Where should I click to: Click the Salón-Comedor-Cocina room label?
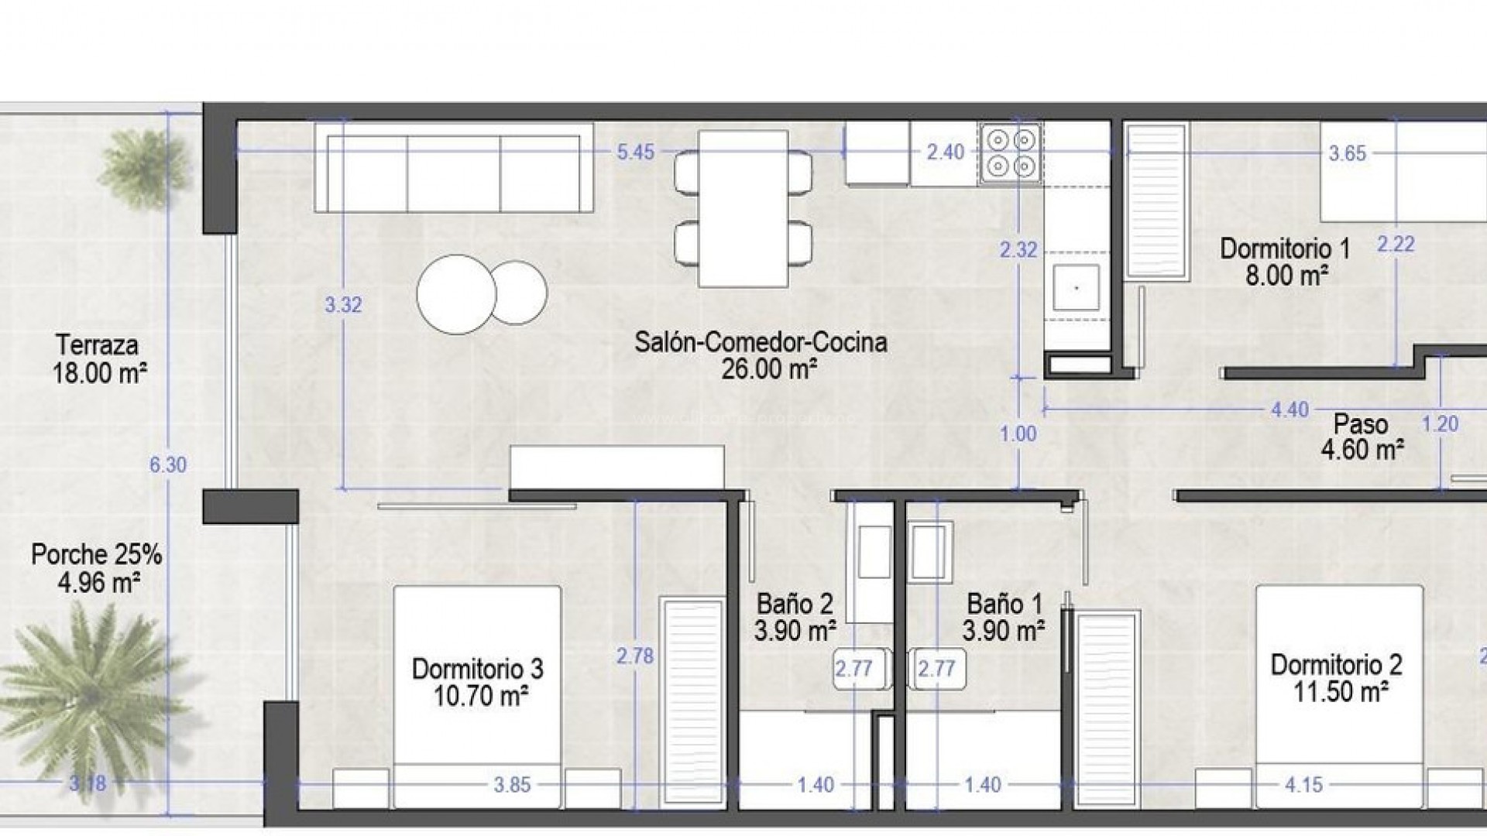[761, 342]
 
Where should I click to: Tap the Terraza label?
[97, 344]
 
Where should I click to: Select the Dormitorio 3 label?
[477, 669]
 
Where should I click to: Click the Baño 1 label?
[1004, 605]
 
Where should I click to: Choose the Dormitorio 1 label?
[1285, 248]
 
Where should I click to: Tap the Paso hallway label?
[1361, 424]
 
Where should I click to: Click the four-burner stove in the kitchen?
[1011, 152]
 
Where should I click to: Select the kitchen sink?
[1077, 287]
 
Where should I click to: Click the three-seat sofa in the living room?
[454, 166]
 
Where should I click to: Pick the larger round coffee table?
[456, 294]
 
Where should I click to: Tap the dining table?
[743, 208]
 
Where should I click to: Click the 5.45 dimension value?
[635, 152]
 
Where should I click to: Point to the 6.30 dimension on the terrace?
[168, 465]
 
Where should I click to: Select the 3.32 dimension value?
[343, 305]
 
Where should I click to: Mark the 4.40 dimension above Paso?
[1290, 409]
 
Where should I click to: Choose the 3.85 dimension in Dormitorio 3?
[513, 785]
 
